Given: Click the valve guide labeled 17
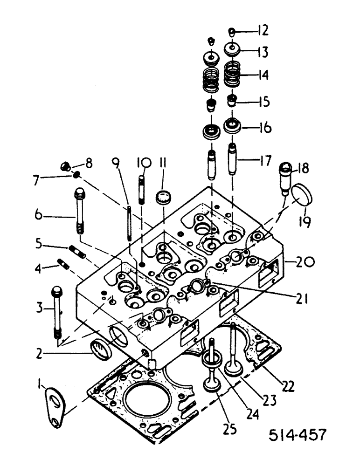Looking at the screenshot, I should point(233,161).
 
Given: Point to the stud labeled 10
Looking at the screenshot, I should point(142,185).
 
